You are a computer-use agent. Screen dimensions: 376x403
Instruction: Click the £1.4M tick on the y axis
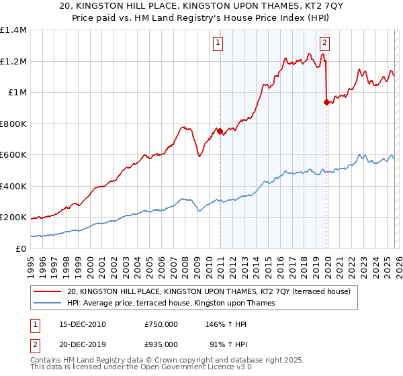pyautogui.click(x=14, y=30)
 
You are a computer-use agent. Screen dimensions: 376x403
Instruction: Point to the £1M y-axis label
pyautogui.click(x=17, y=93)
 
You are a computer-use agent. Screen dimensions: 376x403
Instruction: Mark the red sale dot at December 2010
pyautogui.click(x=220, y=131)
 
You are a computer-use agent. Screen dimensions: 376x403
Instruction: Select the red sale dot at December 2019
pyautogui.click(x=326, y=103)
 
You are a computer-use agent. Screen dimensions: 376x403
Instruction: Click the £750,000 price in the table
pyautogui.click(x=161, y=324)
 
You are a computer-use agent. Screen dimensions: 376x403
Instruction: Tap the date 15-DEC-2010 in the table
pyautogui.click(x=78, y=324)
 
